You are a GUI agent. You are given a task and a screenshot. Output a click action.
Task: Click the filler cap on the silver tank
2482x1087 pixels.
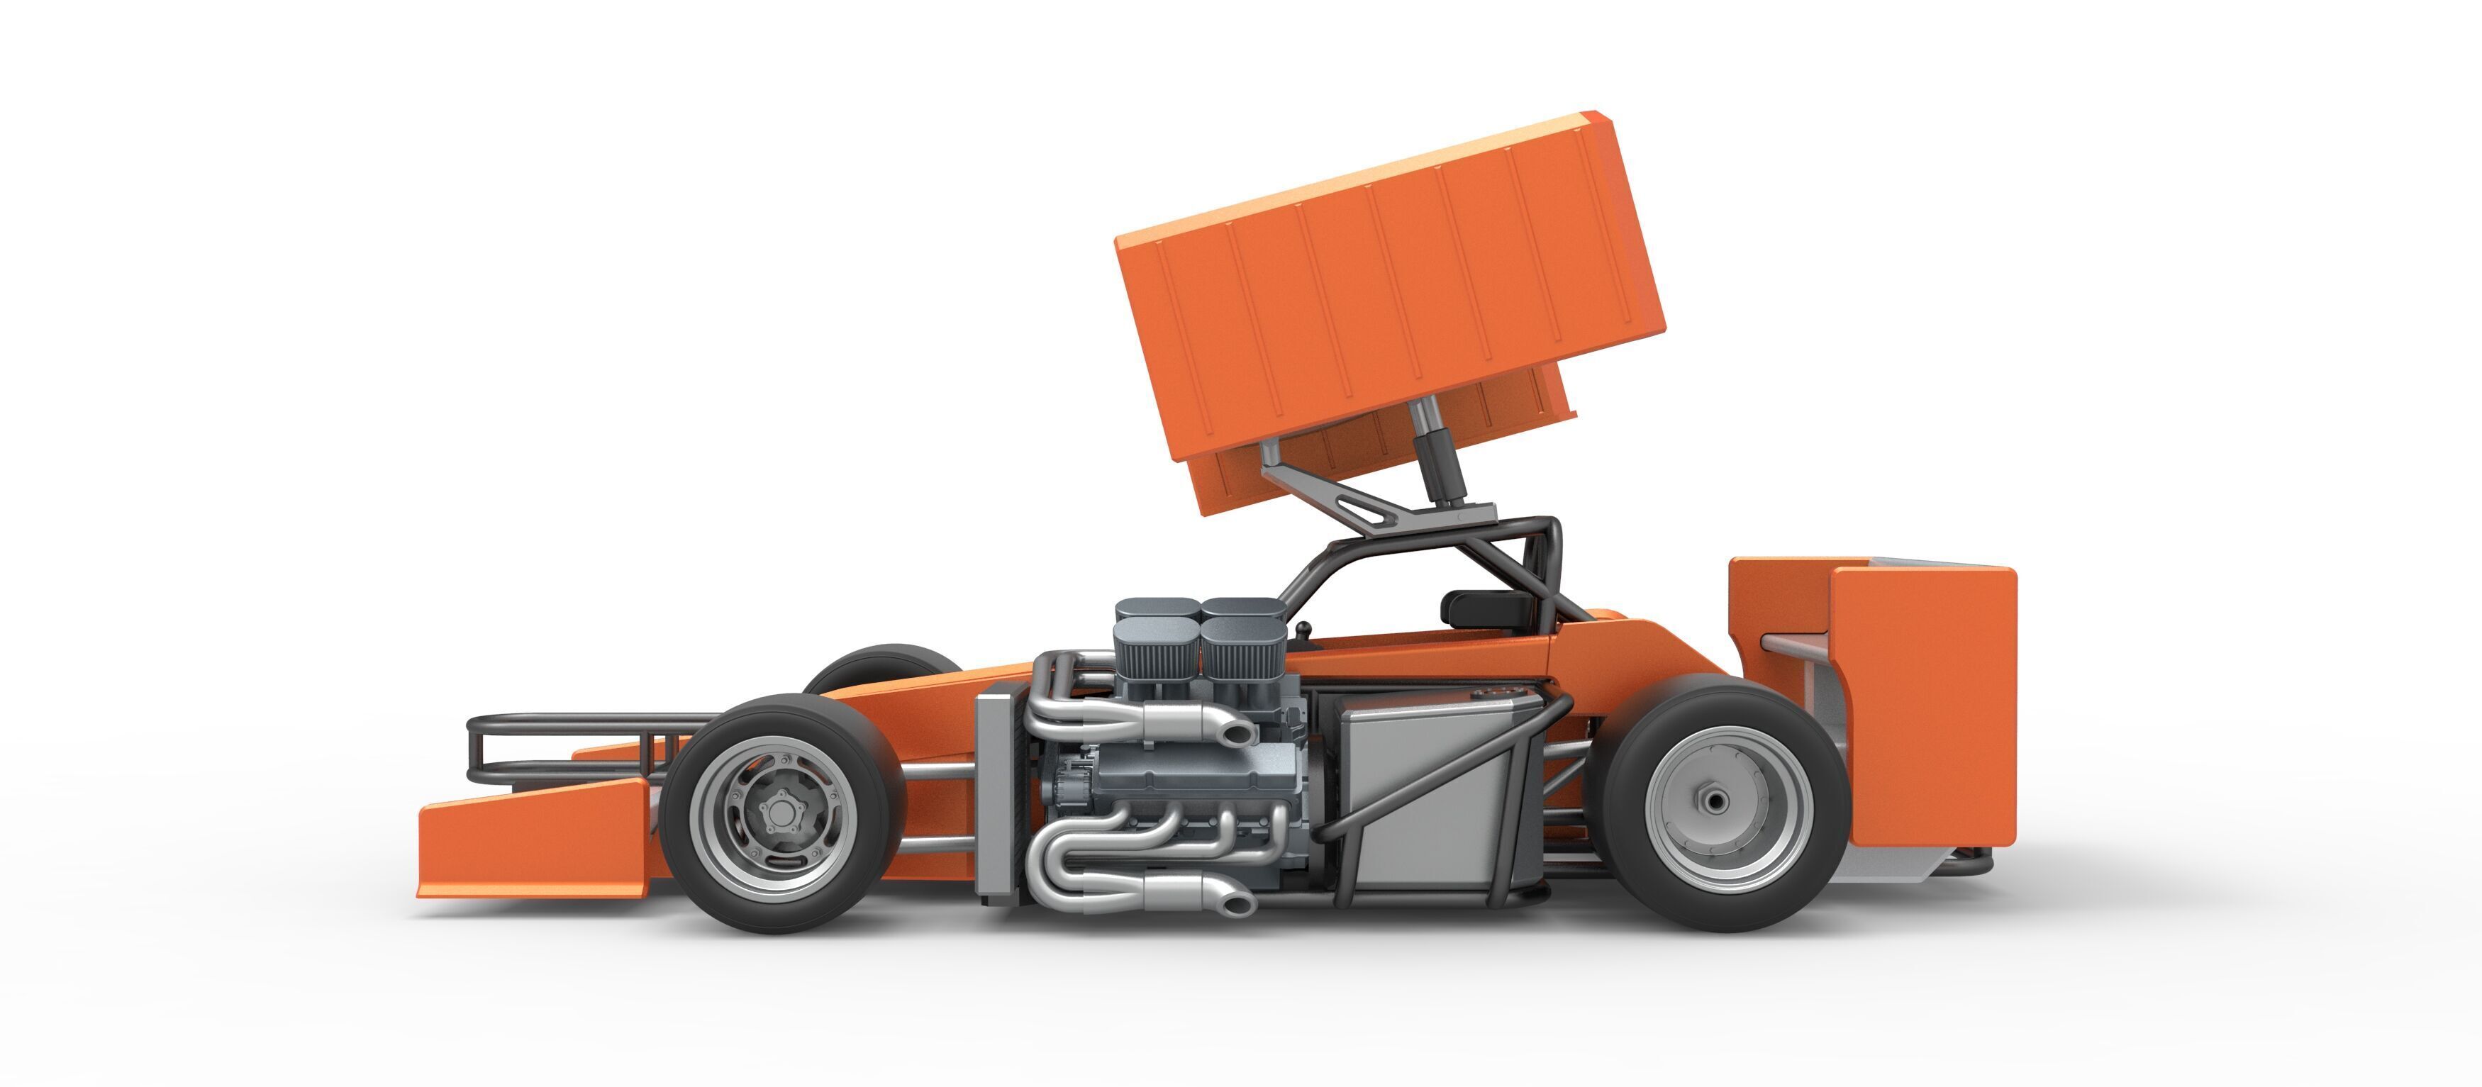click(x=1496, y=693)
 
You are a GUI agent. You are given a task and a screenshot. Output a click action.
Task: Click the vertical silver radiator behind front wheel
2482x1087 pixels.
click(x=997, y=795)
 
